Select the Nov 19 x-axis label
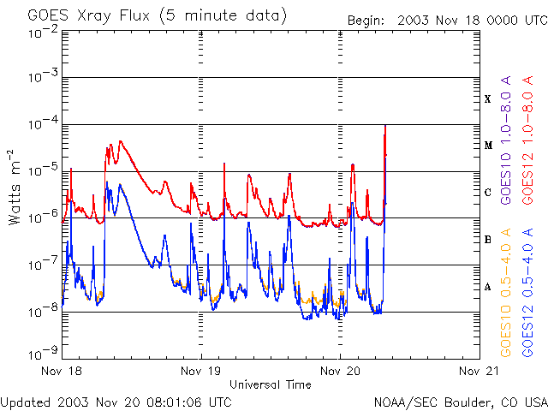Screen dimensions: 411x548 [x=201, y=371]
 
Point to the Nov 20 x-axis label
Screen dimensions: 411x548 [x=340, y=371]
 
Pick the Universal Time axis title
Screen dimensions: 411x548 [x=270, y=384]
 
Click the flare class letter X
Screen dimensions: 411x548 [x=487, y=99]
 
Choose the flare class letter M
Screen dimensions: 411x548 [x=487, y=146]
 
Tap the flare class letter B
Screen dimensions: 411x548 [x=487, y=240]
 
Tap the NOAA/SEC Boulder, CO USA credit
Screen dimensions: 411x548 [x=460, y=402]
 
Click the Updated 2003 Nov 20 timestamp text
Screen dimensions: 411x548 [x=116, y=402]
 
